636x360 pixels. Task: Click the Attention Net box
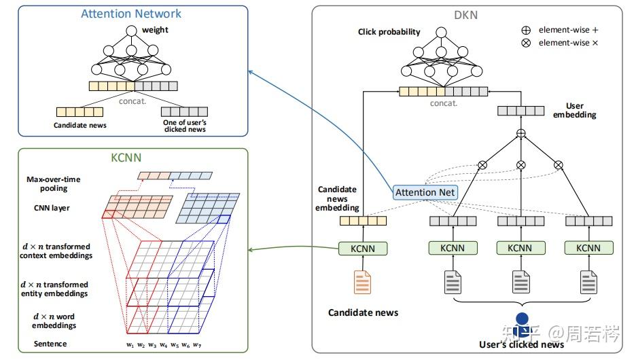(x=425, y=192)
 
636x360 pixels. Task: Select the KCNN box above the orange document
(x=363, y=249)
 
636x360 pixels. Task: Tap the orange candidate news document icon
(x=362, y=282)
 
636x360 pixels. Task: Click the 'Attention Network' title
(x=131, y=14)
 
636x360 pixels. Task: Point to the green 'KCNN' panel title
(x=126, y=158)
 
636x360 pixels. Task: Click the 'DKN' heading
(x=465, y=16)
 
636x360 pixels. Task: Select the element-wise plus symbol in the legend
(x=526, y=30)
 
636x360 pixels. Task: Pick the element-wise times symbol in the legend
(x=526, y=43)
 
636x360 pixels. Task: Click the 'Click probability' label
(x=389, y=32)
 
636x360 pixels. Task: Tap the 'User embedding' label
(x=575, y=110)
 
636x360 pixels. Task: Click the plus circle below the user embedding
(x=520, y=133)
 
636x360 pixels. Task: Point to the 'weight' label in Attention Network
(x=155, y=30)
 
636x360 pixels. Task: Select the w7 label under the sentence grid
(x=197, y=345)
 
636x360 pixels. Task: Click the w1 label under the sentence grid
(x=130, y=345)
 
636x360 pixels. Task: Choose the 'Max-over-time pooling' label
(x=54, y=183)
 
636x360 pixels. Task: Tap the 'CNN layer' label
(x=52, y=208)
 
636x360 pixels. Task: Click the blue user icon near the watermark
(x=522, y=324)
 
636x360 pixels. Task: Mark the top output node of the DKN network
(x=441, y=33)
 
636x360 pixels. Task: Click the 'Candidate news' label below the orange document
(x=363, y=312)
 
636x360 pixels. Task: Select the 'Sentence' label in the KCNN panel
(x=50, y=344)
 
